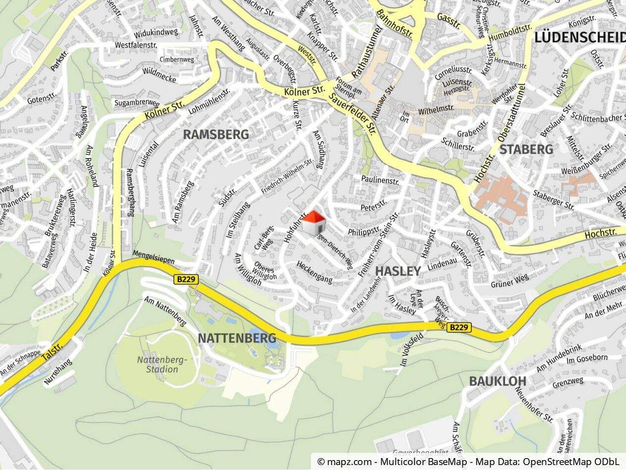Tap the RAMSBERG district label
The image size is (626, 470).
(x=216, y=134)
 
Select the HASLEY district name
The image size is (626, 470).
(x=398, y=271)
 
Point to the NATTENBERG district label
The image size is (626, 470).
(x=237, y=338)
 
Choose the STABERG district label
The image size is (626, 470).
(x=526, y=149)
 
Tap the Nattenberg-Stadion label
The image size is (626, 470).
(x=162, y=364)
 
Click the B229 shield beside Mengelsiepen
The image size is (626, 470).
(x=186, y=280)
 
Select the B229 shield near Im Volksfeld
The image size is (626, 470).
(x=459, y=328)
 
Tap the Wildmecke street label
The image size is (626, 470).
(x=159, y=74)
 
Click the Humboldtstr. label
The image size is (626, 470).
(x=506, y=34)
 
